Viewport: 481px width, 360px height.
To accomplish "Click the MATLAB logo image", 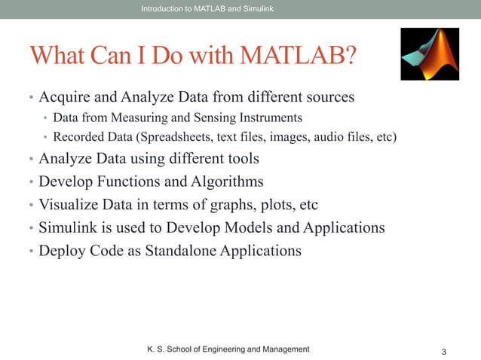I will (x=429, y=54).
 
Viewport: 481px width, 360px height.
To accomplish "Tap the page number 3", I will (x=444, y=352).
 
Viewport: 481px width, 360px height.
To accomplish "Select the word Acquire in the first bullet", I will (x=64, y=97).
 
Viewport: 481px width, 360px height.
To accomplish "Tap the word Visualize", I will (x=67, y=204).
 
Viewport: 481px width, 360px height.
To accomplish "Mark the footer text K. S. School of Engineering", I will (x=227, y=349).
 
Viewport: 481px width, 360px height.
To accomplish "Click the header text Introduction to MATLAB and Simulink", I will (x=207, y=8).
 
